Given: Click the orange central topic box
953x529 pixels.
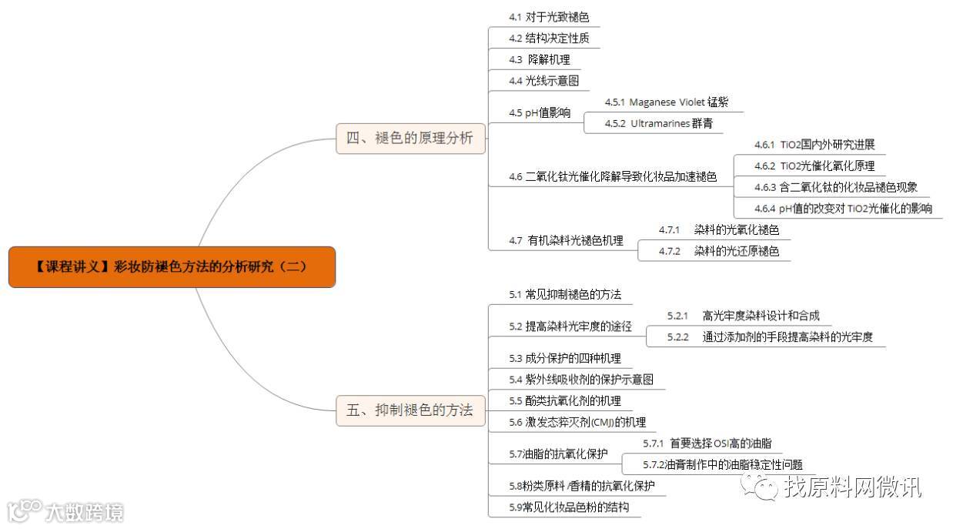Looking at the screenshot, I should point(172,267).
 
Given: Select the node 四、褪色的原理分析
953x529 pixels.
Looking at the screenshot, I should point(410,139).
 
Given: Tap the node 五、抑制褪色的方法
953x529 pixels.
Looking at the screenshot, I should point(410,410).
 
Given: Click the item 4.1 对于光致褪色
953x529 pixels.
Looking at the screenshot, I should point(549,17).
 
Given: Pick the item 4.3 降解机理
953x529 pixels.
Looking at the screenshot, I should point(539,59).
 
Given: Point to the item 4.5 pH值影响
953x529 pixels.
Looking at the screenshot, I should point(540,112).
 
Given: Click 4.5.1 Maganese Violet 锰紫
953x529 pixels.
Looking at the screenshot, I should point(666,102).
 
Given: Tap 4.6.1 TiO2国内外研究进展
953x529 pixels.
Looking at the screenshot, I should point(814,145).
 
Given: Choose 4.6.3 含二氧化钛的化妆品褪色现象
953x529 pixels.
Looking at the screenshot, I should point(835,187).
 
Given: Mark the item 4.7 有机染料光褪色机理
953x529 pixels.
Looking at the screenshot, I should point(566,241).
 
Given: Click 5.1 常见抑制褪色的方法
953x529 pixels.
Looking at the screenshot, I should point(565,294).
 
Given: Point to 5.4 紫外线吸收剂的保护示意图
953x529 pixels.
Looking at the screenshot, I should point(581,379).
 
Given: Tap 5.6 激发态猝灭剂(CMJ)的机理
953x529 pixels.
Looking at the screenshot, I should point(577,422).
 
